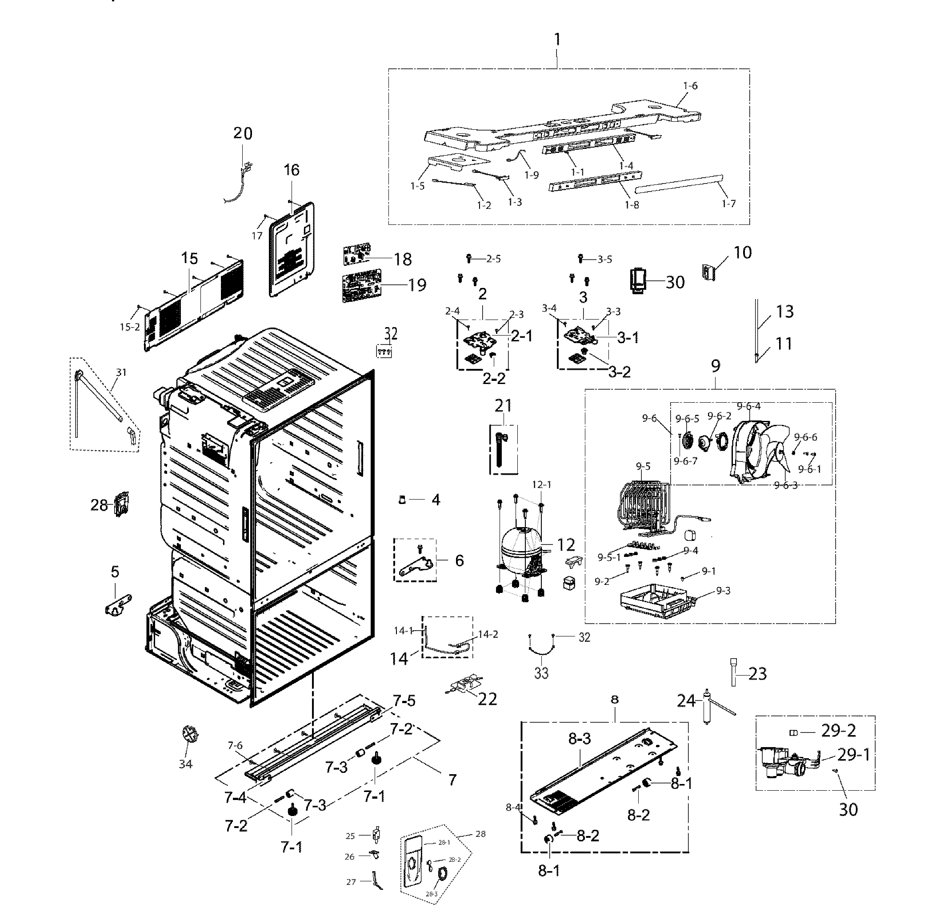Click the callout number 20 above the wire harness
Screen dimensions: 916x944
tap(243, 133)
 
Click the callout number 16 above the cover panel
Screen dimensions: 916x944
tap(292, 170)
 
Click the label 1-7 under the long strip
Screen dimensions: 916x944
tap(729, 204)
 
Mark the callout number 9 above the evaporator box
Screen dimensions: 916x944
tap(716, 367)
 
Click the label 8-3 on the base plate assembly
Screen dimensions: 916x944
tap(580, 739)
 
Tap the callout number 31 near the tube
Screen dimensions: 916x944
tap(121, 372)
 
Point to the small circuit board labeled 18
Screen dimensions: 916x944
tap(357, 255)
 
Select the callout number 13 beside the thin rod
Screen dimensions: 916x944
tap(785, 312)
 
